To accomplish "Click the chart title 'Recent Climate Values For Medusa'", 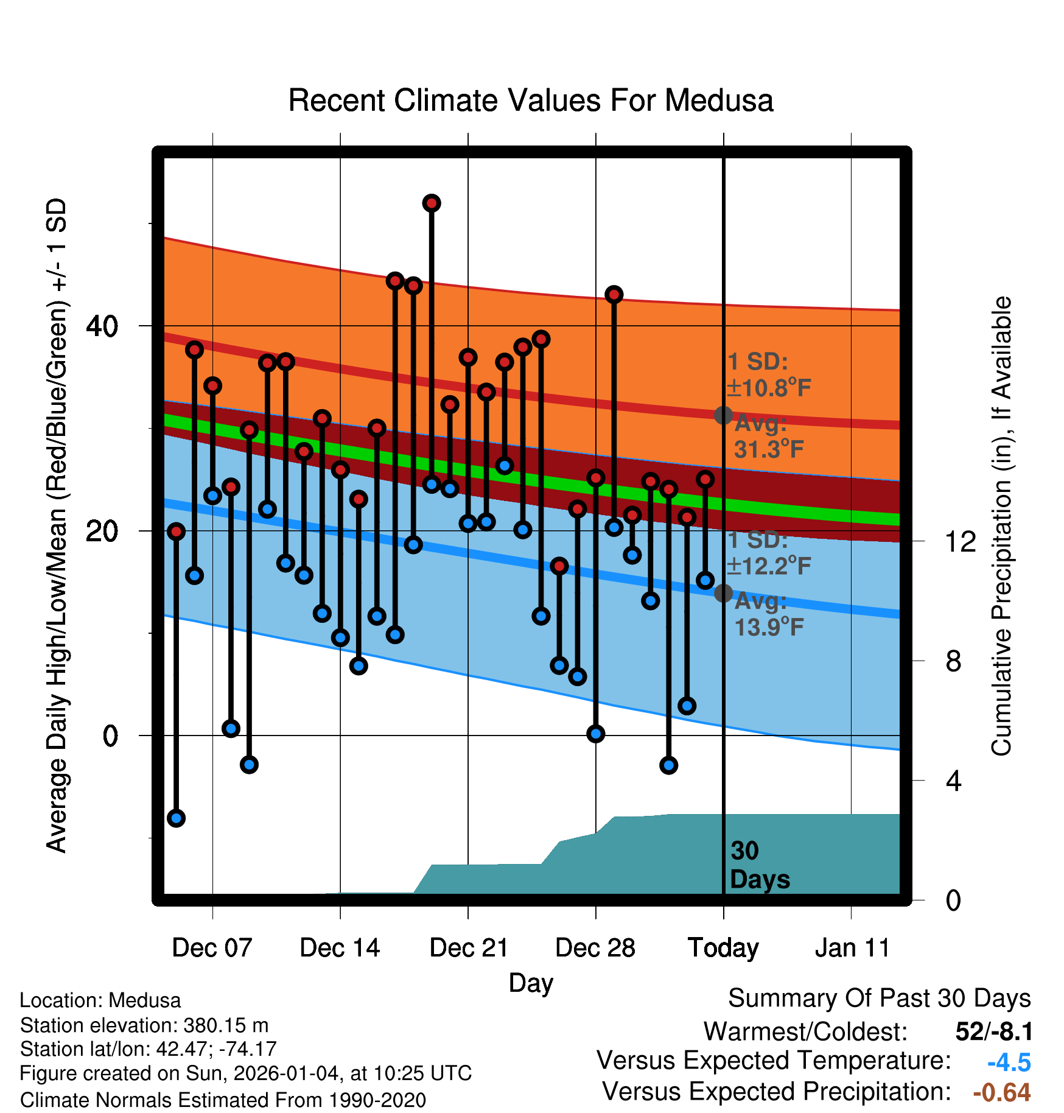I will pyautogui.click(x=531, y=100).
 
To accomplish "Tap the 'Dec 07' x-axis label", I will pyautogui.click(x=212, y=948).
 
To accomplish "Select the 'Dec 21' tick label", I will pyautogui.click(x=469, y=948).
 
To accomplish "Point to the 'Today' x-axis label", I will pyautogui.click(x=723, y=948).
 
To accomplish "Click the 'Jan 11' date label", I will pyautogui.click(x=852, y=948).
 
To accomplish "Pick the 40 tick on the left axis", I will pyautogui.click(x=102, y=326).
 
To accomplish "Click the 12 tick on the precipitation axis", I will pyautogui.click(x=961, y=541).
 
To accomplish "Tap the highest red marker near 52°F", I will pyautogui.click(x=432, y=203).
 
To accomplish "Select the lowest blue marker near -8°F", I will pyautogui.click(x=176, y=818).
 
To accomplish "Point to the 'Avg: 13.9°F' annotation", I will pyautogui.click(x=768, y=614).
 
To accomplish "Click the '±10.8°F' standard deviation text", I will pyautogui.click(x=769, y=388).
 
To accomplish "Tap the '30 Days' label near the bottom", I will pyautogui.click(x=759, y=865).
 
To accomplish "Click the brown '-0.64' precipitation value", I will pyautogui.click(x=1001, y=1092).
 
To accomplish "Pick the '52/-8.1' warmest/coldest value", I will pyautogui.click(x=994, y=1031).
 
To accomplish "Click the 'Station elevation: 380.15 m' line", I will pyautogui.click(x=144, y=1025).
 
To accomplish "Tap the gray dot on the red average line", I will pyautogui.click(x=723, y=415).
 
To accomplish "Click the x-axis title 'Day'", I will pyautogui.click(x=531, y=983).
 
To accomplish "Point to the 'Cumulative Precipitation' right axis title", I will pyautogui.click(x=1001, y=527).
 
